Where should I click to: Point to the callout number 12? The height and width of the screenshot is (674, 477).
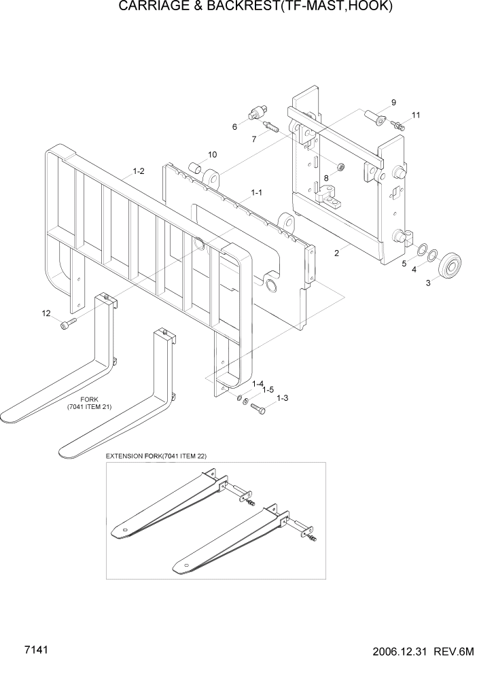click(46, 313)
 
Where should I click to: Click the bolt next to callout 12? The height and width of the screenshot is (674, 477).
click(67, 325)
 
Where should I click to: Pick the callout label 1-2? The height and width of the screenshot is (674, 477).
click(138, 172)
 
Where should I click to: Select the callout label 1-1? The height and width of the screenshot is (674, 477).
click(257, 193)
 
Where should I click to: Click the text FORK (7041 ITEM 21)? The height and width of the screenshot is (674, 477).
click(89, 403)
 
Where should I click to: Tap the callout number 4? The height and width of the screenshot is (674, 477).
click(414, 270)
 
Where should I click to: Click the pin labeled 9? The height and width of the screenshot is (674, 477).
click(377, 120)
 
